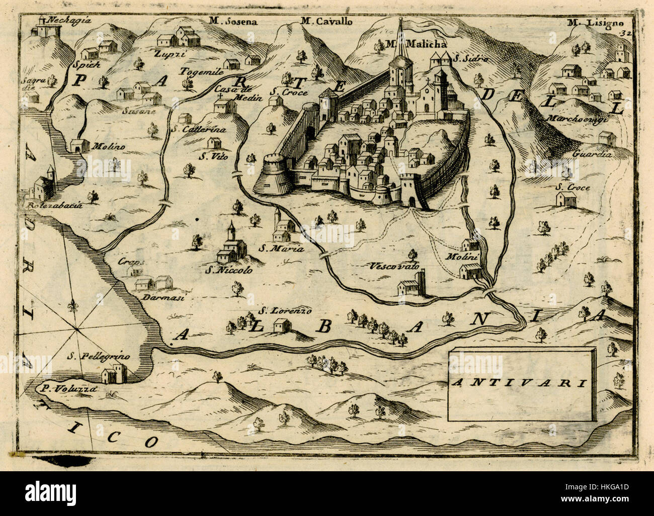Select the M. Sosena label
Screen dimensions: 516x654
(233, 21)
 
